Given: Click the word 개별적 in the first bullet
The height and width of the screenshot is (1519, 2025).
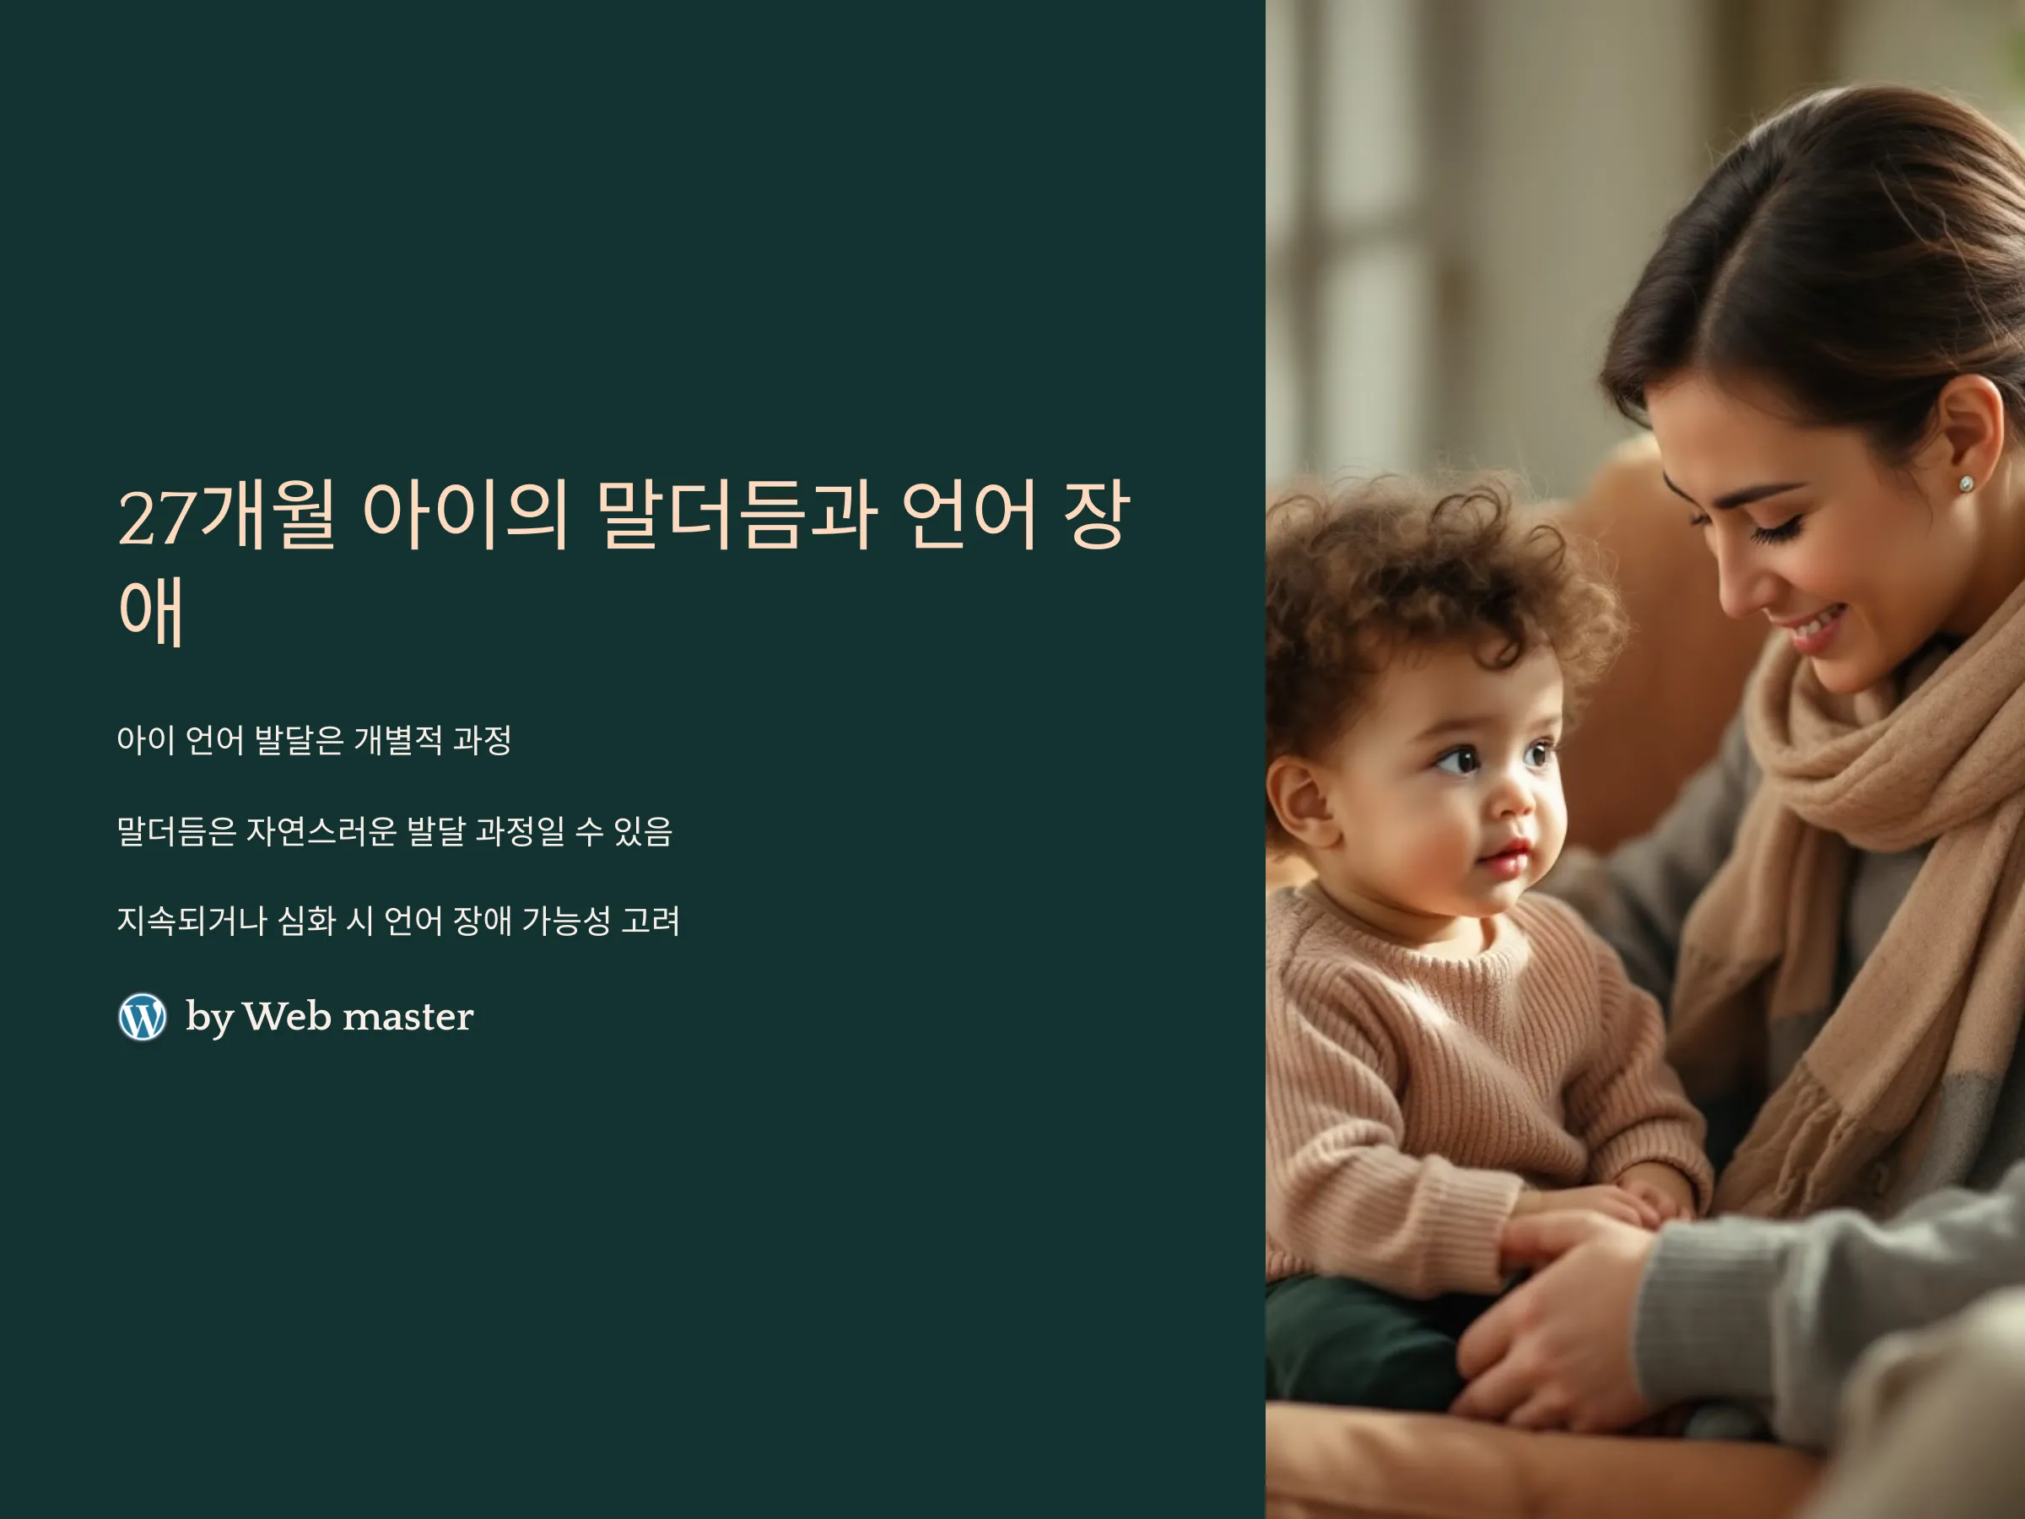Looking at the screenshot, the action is click(x=397, y=740).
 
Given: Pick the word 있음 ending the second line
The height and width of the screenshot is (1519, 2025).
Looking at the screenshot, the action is click(x=643, y=830).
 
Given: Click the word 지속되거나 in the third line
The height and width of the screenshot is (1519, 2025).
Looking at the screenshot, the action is click(x=192, y=920).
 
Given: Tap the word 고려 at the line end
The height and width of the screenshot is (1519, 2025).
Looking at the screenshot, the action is click(x=651, y=920).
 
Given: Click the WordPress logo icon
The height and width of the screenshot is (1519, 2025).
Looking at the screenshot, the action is click(x=143, y=1016).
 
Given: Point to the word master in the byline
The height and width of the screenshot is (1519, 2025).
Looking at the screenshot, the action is click(x=408, y=1016).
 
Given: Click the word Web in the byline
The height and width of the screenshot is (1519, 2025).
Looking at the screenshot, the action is click(x=287, y=1015).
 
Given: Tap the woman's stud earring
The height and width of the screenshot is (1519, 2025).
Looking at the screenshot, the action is click(x=1965, y=484).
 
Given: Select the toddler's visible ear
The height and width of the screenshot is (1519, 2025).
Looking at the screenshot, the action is click(x=1299, y=799).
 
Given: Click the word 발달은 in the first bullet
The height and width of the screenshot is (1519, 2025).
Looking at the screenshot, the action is click(x=299, y=740).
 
